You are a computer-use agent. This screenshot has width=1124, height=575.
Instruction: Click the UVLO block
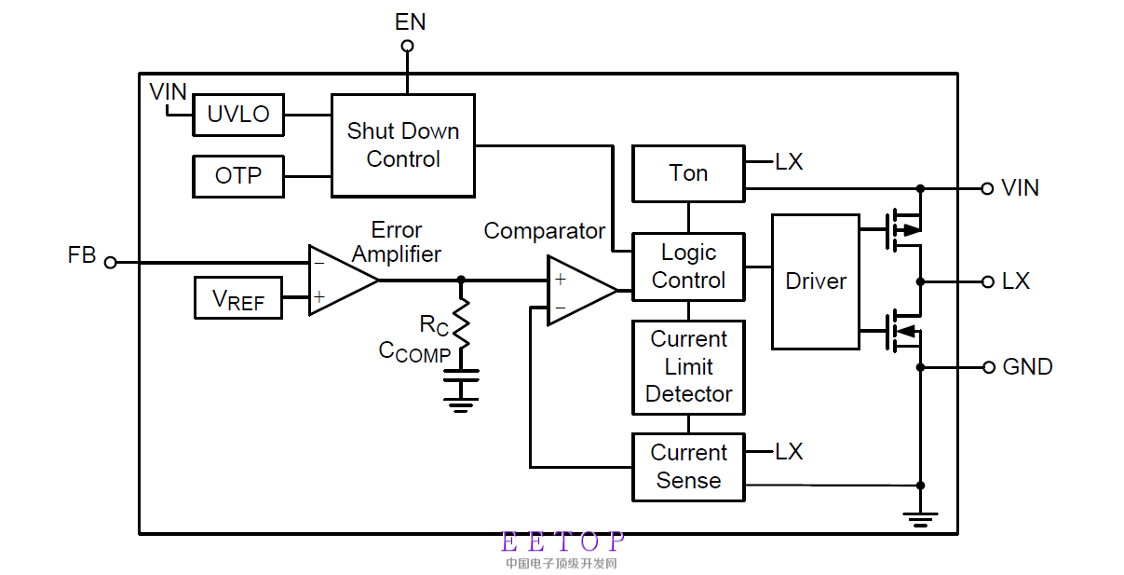237,115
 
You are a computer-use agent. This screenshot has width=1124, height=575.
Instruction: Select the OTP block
237,176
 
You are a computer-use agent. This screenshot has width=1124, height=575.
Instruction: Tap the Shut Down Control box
403,145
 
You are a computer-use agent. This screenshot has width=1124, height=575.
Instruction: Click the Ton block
688,173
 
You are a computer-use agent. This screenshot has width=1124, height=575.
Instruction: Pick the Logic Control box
688,267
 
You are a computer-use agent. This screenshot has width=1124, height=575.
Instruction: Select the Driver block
816,281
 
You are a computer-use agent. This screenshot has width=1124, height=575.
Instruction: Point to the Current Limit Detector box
688,367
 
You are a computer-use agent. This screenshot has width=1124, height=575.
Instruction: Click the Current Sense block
688,467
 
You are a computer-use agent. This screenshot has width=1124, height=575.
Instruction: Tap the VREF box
237,298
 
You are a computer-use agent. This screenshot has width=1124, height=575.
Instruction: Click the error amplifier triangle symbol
341,281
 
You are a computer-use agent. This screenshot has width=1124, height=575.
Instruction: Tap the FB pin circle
110,263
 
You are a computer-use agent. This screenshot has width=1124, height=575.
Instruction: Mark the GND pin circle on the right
988,367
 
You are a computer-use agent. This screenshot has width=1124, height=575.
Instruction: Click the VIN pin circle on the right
988,188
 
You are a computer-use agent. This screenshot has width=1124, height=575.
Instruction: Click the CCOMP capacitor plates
460,376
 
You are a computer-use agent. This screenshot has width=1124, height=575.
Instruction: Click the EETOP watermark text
562,541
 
